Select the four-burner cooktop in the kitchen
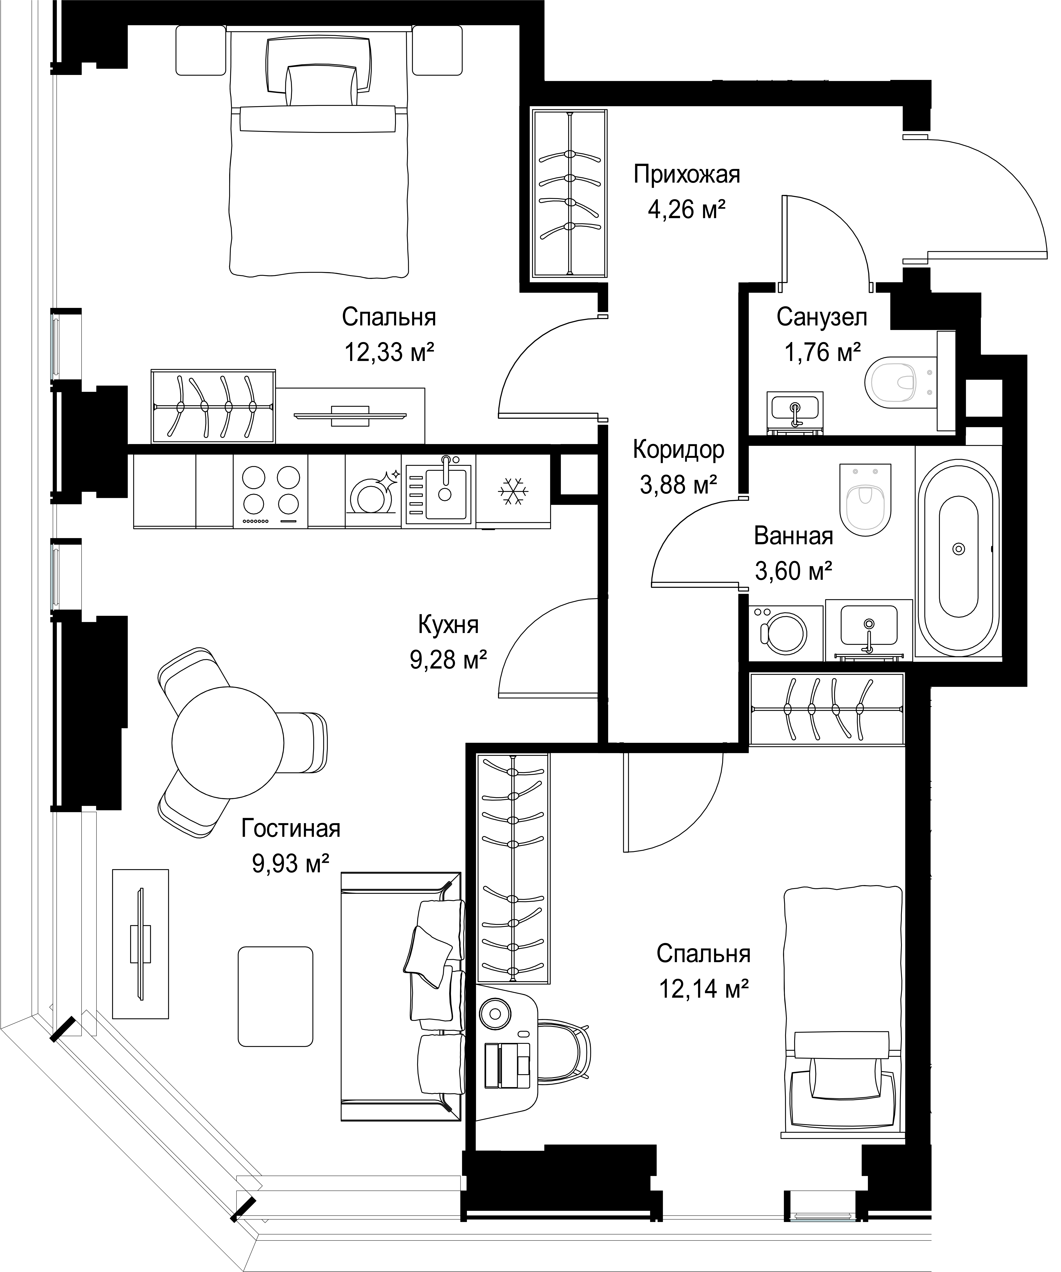click(x=271, y=491)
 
